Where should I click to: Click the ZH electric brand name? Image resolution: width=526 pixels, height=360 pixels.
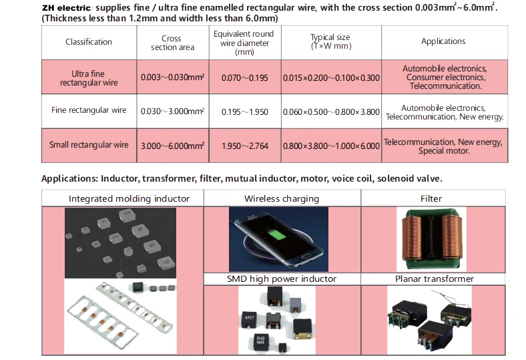click(62, 7)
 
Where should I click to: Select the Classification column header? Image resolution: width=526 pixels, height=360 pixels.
click(89, 41)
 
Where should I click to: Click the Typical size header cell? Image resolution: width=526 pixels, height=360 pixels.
click(330, 42)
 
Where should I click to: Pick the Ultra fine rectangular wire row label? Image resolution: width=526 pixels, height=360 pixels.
click(89, 77)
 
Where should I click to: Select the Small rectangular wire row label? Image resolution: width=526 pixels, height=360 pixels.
click(89, 144)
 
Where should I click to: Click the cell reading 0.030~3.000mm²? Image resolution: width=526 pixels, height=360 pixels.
click(172, 111)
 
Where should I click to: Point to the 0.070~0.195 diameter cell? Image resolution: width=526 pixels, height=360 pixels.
click(244, 78)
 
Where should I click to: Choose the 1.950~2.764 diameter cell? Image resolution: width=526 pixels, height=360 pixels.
click(244, 144)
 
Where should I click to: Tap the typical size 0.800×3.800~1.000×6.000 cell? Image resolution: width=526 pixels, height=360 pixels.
click(331, 144)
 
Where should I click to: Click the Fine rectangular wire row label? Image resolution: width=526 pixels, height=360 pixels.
click(89, 110)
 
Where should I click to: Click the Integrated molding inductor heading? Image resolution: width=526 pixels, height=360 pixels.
click(129, 198)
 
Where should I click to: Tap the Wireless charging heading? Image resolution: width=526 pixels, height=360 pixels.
click(281, 198)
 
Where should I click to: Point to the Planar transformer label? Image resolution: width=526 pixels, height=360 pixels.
click(434, 279)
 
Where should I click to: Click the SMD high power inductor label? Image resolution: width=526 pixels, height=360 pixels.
click(281, 279)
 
